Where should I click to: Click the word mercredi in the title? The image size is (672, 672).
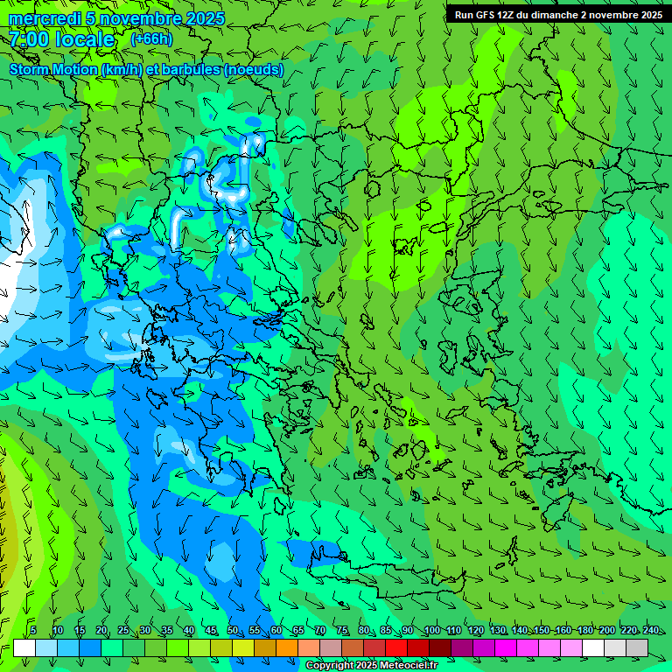point(43,18)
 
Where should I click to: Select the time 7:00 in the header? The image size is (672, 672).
point(29,39)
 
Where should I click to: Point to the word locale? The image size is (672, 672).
point(85,39)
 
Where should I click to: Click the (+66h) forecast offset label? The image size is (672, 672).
point(151,39)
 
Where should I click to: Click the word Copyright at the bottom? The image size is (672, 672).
point(332,666)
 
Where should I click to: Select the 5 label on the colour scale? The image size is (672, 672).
point(33,631)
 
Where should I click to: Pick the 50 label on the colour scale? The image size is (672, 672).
point(233,631)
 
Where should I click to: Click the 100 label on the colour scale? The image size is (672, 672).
point(432,631)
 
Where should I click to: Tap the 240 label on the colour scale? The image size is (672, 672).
point(651,631)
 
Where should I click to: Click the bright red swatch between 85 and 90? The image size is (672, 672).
point(396,647)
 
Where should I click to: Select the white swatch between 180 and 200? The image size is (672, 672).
point(593,647)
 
